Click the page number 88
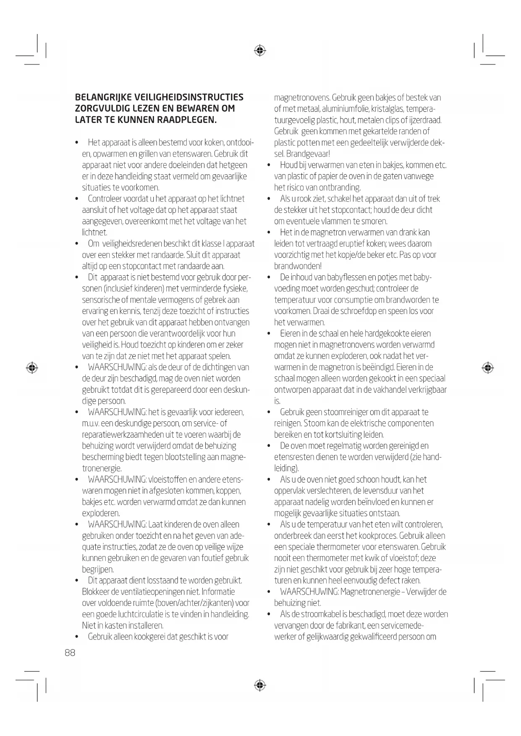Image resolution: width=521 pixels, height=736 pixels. click(x=70, y=652)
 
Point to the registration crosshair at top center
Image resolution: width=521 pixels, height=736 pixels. click(x=260, y=51)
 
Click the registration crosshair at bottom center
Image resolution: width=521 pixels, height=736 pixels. click(x=260, y=685)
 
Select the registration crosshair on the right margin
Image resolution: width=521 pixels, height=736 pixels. click(x=487, y=368)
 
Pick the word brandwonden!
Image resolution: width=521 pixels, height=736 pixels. click(x=298, y=266)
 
